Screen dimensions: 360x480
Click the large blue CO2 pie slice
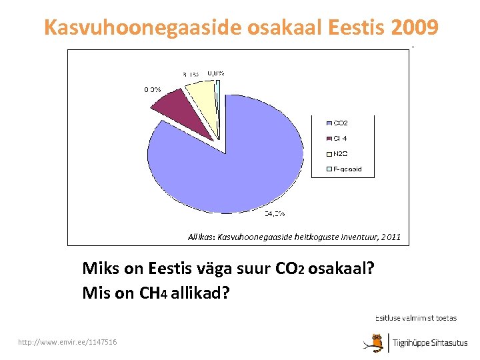[x=227, y=160]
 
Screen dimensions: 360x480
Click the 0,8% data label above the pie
[x=215, y=73]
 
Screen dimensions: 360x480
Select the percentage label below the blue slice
[x=275, y=214]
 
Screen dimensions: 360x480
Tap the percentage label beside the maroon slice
[x=152, y=89]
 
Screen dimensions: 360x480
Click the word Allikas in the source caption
[x=201, y=237]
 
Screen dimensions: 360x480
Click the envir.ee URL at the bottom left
[x=69, y=342]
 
